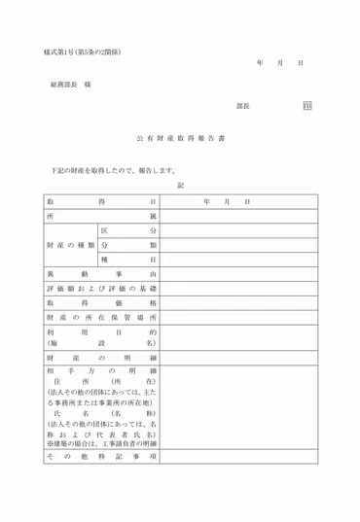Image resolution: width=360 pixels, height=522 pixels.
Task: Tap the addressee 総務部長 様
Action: [71, 86]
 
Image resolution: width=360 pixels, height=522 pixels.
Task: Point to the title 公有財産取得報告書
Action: [180, 139]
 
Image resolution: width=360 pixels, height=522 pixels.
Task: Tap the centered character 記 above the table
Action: [180, 186]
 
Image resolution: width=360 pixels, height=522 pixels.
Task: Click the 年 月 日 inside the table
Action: [227, 201]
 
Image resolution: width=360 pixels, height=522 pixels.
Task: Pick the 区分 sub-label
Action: [126, 230]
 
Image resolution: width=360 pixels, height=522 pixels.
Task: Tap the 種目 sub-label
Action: [126, 261]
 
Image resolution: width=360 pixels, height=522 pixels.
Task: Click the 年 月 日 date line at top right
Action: [281, 62]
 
